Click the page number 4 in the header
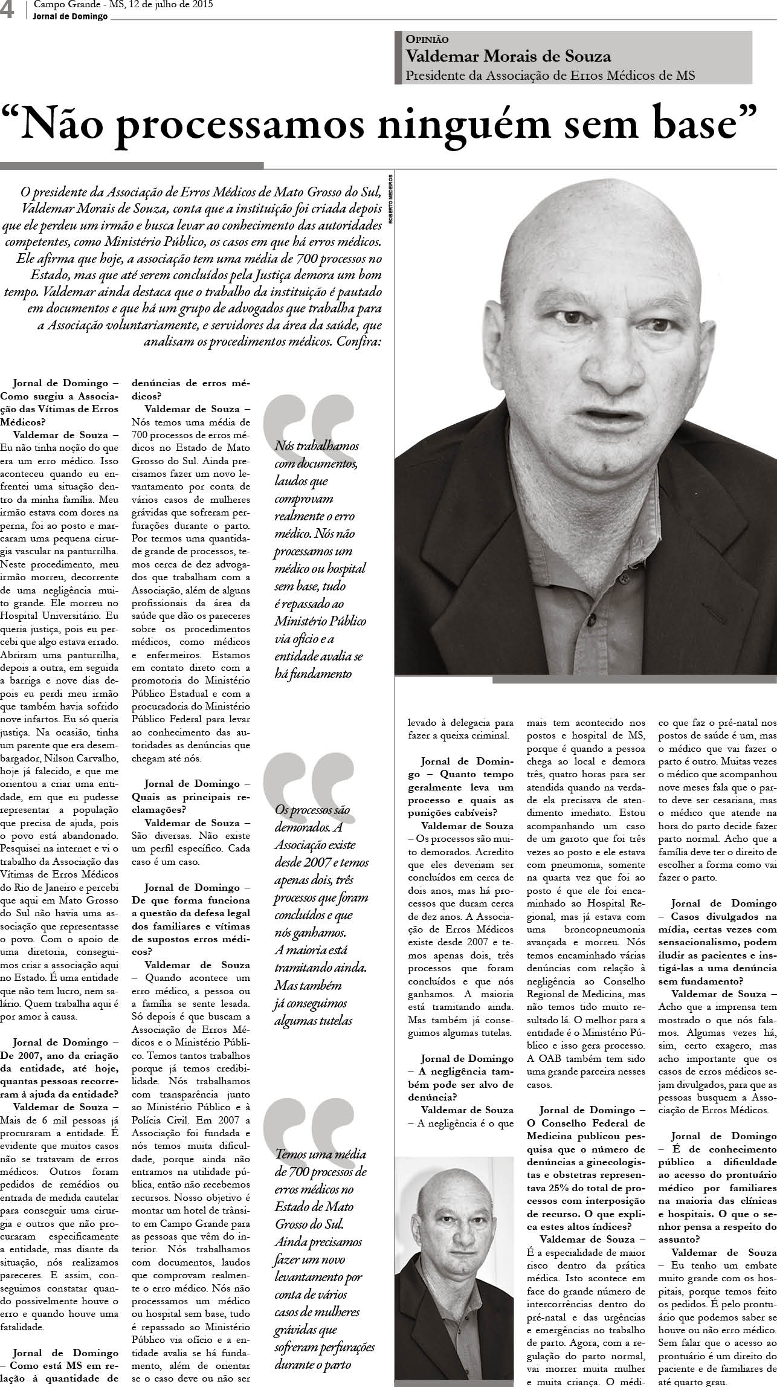(8, 10)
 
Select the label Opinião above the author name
(427, 39)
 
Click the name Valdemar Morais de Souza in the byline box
(508, 57)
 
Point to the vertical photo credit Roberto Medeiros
(391, 199)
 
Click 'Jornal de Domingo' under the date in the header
(70, 16)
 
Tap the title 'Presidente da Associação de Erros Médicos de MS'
(550, 76)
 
